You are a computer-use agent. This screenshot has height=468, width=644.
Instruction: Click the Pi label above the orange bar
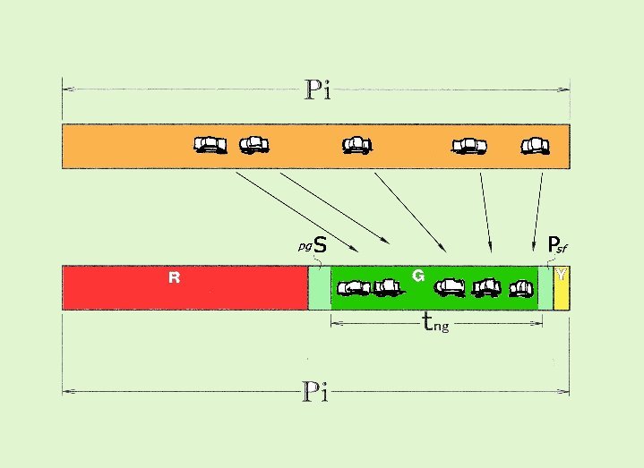(x=317, y=89)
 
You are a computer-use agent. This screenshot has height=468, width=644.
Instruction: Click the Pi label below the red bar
(x=315, y=391)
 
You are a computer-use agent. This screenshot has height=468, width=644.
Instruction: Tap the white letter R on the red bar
(x=174, y=277)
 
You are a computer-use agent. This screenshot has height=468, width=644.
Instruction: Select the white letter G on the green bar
(x=418, y=276)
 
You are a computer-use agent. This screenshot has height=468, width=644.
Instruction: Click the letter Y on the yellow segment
(x=561, y=275)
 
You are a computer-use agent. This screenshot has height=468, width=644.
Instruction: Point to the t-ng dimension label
(x=436, y=322)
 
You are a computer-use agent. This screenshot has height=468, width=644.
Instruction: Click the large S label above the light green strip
(x=320, y=245)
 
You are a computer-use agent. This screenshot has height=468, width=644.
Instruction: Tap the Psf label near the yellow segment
(x=558, y=245)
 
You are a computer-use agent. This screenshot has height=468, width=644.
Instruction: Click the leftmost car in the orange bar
(x=210, y=145)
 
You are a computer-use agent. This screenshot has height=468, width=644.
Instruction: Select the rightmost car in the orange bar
(x=535, y=146)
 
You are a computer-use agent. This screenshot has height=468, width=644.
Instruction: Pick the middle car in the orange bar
(x=356, y=145)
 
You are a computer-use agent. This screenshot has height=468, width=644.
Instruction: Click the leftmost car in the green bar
(x=354, y=288)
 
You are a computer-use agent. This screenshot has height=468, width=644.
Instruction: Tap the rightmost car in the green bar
(x=521, y=288)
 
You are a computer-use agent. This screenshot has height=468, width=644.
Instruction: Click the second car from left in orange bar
(x=254, y=145)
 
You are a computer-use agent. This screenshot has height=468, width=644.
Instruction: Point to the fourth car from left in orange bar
(x=469, y=146)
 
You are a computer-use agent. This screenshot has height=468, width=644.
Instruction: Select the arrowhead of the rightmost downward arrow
(x=533, y=247)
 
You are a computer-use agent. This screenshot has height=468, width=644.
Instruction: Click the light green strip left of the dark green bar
(x=320, y=288)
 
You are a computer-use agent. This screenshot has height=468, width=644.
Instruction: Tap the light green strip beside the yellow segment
(x=545, y=288)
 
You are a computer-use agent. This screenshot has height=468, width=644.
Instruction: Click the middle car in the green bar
(x=450, y=287)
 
